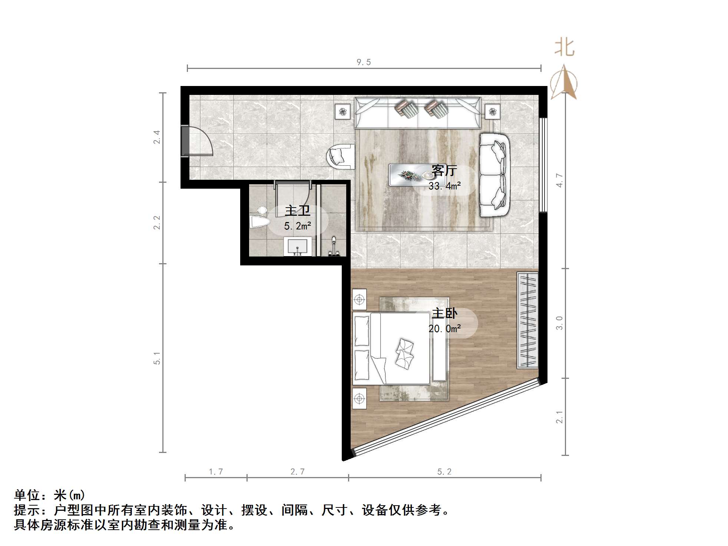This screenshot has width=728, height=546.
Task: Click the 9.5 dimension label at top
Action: (363, 62)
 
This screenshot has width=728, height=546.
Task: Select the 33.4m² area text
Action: (444, 186)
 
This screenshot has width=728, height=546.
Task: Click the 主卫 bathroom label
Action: (297, 211)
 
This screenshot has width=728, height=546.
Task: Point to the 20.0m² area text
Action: (444, 329)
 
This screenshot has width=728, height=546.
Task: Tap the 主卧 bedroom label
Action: (444, 314)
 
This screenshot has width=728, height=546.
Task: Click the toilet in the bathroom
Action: (259, 221)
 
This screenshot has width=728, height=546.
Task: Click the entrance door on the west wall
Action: (196, 141)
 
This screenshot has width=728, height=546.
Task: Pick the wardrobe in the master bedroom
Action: (527, 320)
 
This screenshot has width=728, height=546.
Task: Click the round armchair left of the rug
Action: (340, 156)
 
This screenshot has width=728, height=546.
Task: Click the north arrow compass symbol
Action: (564, 82)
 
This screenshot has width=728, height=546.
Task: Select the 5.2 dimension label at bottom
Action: (444, 472)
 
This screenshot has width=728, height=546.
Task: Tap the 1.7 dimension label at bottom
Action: (216, 472)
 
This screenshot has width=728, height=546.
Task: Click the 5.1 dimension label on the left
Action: (157, 358)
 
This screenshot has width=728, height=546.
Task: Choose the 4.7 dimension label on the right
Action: (559, 181)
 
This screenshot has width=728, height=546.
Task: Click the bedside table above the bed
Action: (359, 299)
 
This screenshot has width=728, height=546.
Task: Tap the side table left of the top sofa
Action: (343, 111)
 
